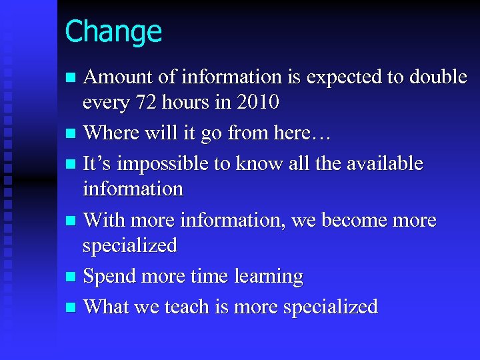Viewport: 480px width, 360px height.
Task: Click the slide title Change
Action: pos(113,31)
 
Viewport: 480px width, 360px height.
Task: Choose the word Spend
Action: pos(109,276)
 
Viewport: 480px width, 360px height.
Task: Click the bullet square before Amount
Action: pos(71,78)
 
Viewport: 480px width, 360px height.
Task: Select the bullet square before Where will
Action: pos(71,133)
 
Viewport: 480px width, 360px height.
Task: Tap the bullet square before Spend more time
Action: pos(71,277)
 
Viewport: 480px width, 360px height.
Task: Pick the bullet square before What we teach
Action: pos(71,307)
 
